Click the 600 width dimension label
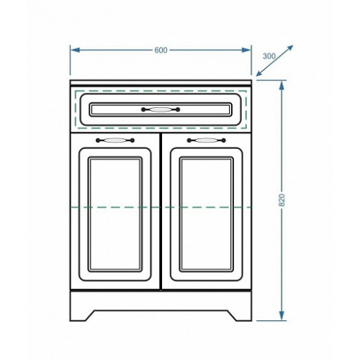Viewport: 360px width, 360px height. click(x=161, y=50)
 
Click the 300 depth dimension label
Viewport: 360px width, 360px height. click(x=269, y=56)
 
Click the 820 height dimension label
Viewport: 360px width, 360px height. click(x=282, y=200)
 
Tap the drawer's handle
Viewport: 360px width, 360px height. click(x=161, y=109)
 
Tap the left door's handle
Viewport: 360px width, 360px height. click(x=115, y=140)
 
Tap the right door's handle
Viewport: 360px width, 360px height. click(x=207, y=140)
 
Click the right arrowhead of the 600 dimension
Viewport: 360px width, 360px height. click(x=246, y=50)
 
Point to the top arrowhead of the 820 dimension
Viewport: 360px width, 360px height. click(x=282, y=84)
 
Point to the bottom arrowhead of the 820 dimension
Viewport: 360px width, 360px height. click(x=282, y=315)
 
